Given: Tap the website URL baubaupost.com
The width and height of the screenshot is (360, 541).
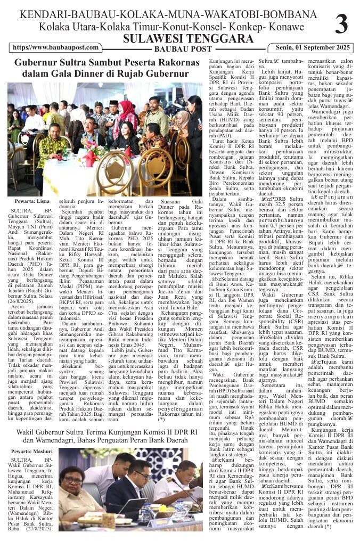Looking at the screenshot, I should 56,48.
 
